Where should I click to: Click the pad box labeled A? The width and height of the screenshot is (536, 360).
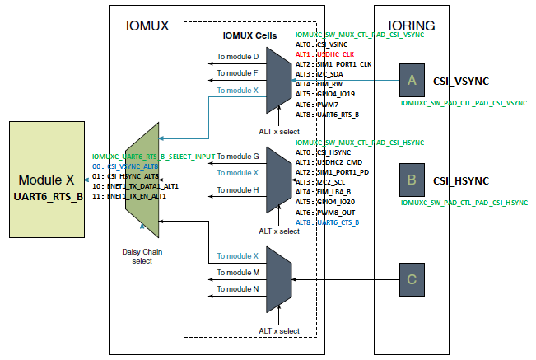pyautogui.click(x=412, y=80)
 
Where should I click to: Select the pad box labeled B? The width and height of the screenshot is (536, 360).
pyautogui.click(x=412, y=180)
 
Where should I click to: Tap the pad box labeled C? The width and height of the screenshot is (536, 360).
pyautogui.click(x=412, y=279)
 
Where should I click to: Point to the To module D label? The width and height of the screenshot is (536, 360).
pyautogui.click(x=237, y=57)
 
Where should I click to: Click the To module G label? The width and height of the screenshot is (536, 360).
pyautogui.click(x=237, y=156)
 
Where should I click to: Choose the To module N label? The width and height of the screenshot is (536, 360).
pyautogui.click(x=237, y=288)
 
